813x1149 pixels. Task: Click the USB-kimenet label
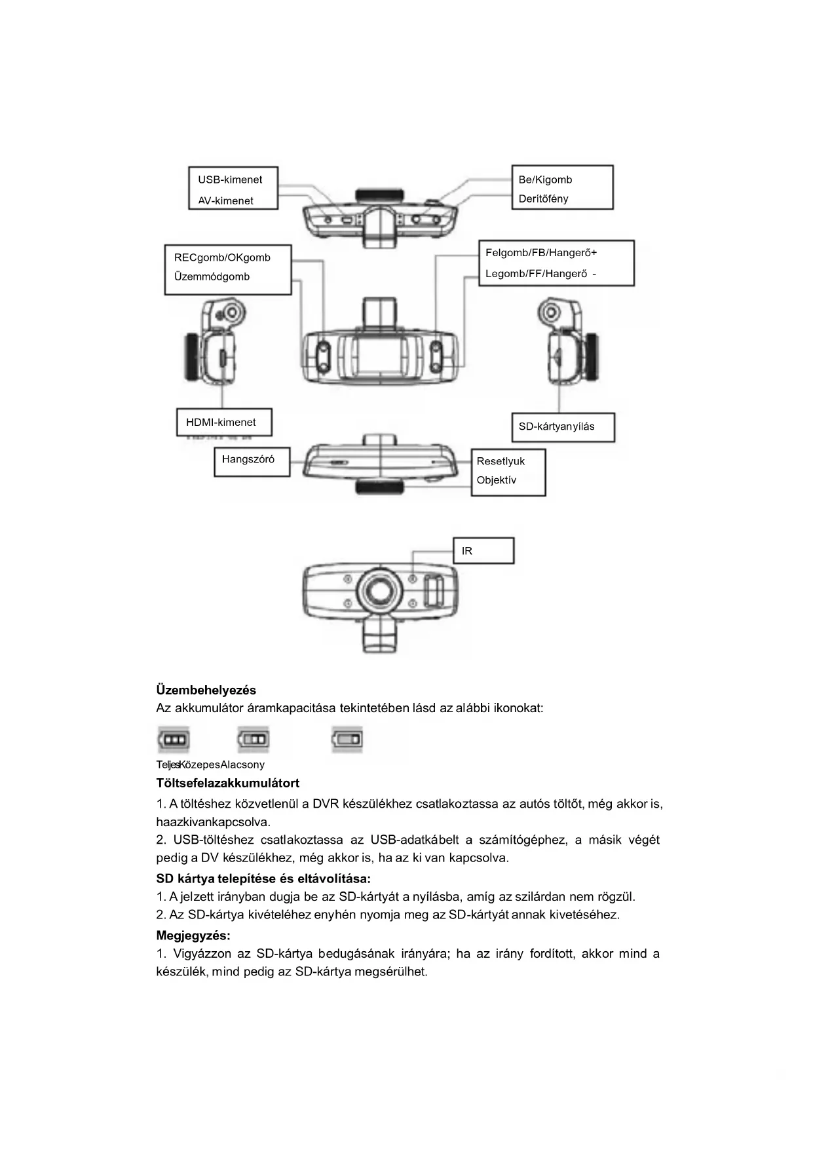click(230, 179)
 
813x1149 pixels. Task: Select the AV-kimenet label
click(225, 200)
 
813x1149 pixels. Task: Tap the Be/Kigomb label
click(545, 179)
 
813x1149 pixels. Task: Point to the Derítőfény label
click(543, 198)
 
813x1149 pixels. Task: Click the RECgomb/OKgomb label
click(222, 257)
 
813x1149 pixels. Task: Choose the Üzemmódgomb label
click(212, 276)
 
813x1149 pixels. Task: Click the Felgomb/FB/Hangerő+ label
click(541, 252)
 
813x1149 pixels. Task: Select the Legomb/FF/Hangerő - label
click(540, 274)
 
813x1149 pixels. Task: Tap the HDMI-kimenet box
click(224, 423)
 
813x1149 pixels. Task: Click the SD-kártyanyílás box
click(562, 427)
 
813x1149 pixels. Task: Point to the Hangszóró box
click(252, 461)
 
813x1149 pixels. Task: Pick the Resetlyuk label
click(501, 461)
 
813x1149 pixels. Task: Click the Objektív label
click(497, 480)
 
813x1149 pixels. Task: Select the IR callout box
click(483, 551)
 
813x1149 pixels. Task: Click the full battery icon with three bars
click(174, 740)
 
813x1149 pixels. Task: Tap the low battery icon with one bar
click(347, 740)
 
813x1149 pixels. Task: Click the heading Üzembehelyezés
click(206, 690)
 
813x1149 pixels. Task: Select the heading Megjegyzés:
click(193, 935)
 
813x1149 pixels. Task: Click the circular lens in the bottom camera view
click(379, 592)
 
